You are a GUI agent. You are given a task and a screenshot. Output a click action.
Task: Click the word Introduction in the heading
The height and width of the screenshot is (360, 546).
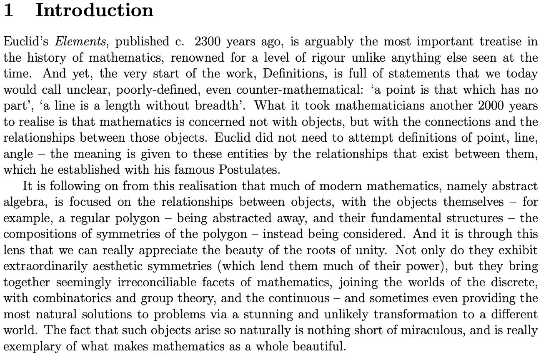pyautogui.click(x=94, y=10)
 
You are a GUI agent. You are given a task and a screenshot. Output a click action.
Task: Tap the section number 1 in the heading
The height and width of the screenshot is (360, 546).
pyautogui.click(x=9, y=10)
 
